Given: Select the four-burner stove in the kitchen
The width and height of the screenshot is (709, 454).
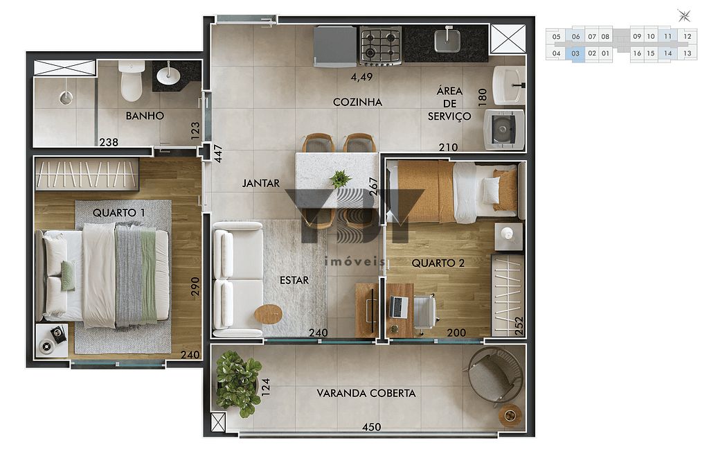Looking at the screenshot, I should tap(379, 45).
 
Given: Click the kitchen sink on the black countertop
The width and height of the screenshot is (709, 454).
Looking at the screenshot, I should tap(447, 41).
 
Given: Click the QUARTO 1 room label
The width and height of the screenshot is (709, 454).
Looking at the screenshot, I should tap(118, 212).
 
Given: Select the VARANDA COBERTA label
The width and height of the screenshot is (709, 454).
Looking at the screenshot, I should tap(366, 393).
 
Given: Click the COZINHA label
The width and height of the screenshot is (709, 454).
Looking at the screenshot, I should tap(357, 102).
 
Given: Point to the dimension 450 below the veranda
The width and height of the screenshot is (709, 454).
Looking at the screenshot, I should tap(372, 427).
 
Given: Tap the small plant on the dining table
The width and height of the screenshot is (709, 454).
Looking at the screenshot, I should tap(340, 180).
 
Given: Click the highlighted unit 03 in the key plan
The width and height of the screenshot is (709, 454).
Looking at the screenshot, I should tap(575, 53).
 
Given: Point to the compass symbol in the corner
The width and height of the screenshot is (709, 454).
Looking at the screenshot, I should tap(685, 15).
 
